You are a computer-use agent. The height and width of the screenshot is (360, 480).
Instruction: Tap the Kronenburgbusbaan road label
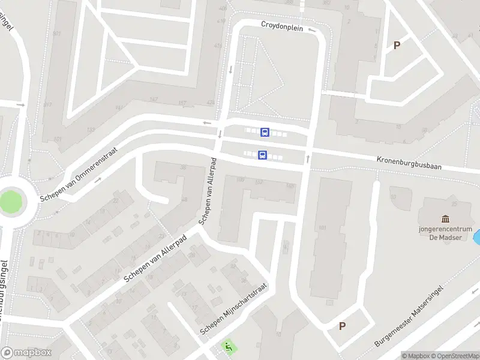(409, 163)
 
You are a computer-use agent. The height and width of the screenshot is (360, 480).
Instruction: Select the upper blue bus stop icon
(265, 132)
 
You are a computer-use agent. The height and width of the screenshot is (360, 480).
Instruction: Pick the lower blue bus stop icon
(262, 155)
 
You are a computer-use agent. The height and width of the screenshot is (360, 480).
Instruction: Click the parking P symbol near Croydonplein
(397, 45)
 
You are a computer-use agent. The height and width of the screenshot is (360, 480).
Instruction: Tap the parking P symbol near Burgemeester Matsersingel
(343, 326)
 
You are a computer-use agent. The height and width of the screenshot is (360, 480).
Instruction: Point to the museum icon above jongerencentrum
(445, 219)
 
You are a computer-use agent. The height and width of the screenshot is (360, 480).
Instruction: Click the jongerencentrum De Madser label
(445, 233)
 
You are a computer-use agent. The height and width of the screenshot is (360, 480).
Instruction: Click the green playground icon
(228, 346)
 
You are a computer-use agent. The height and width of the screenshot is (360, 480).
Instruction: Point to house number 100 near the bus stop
(241, 179)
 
